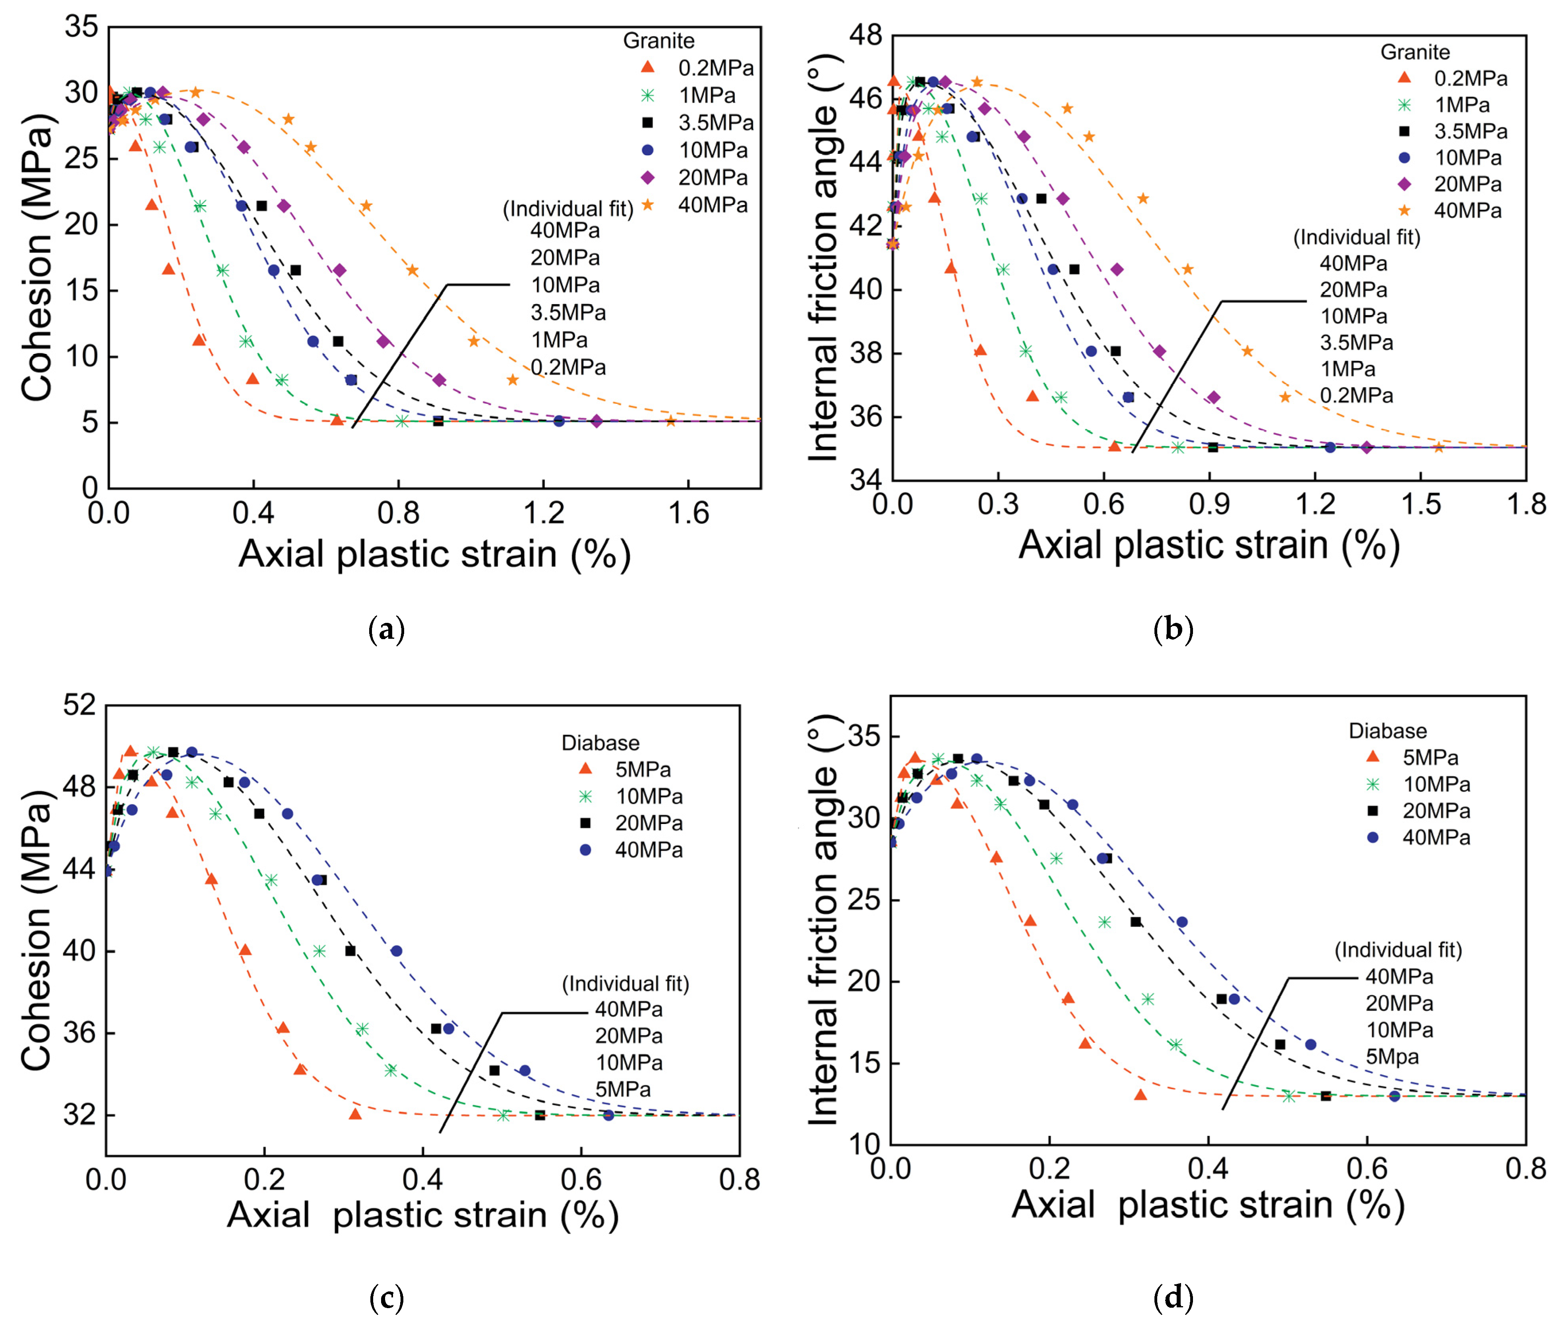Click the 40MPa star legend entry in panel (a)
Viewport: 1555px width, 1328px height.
(x=698, y=205)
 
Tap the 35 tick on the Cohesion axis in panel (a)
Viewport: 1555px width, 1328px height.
(x=81, y=28)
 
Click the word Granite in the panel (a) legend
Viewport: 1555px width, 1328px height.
(x=658, y=41)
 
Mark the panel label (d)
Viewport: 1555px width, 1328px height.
(x=1172, y=1297)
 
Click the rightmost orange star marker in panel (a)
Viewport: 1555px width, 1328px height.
(x=670, y=421)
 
